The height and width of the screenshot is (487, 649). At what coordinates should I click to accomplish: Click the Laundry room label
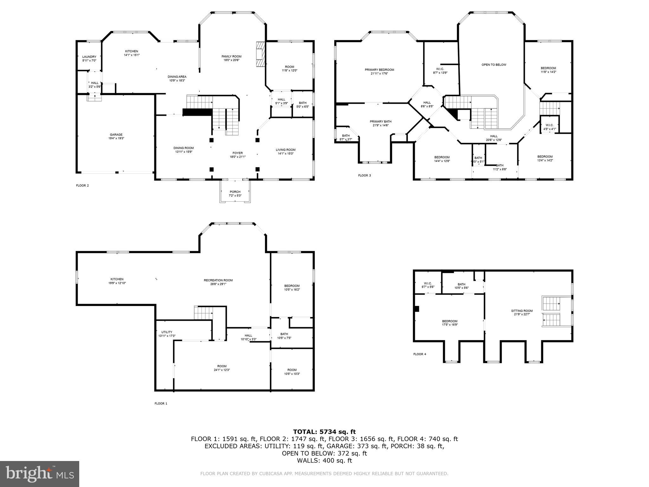pos(89,57)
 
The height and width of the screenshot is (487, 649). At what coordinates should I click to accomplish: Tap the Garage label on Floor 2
pos(116,135)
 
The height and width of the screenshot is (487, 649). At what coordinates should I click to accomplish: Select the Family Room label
pos(231,56)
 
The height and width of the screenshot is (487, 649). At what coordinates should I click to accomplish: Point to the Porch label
pos(235,192)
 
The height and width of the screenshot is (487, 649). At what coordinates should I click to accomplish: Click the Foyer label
pos(238,153)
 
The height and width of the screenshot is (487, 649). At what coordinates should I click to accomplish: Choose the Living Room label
pos(286,150)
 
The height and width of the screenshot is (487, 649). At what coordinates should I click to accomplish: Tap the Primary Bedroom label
pos(379,70)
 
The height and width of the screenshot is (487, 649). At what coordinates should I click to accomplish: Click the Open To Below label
pos(494,65)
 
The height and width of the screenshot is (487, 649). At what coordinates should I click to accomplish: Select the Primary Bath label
pos(381,121)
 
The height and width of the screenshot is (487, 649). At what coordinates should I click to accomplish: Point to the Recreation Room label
pos(218,280)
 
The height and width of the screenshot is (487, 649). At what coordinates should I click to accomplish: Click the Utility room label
pos(167,332)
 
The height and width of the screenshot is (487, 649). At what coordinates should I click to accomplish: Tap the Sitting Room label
pos(522,311)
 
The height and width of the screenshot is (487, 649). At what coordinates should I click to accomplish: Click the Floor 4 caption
pos(420,354)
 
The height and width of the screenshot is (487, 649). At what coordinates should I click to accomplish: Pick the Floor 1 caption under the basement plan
pos(161,404)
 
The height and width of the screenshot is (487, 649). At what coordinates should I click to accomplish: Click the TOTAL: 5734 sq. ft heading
pos(324,432)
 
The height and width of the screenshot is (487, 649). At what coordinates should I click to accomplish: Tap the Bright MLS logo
pos(40,474)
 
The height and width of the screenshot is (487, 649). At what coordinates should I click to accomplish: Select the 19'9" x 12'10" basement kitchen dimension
pos(117,283)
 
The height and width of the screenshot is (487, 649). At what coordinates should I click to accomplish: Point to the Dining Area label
pos(177,77)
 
